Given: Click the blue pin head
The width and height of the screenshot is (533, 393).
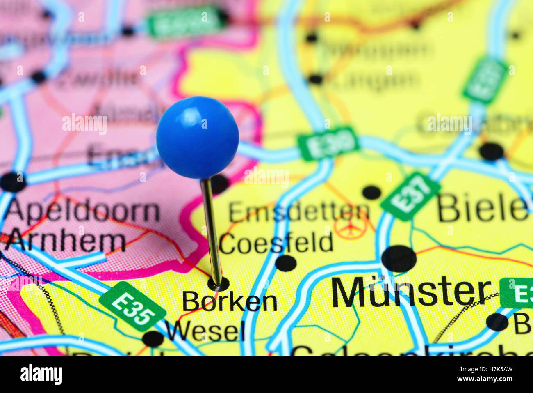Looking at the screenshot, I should [x=197, y=138].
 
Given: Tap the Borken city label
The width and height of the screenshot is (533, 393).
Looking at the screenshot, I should [x=230, y=302].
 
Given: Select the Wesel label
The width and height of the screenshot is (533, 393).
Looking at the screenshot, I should [x=205, y=331].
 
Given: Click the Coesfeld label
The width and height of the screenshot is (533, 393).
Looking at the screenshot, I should [x=276, y=243].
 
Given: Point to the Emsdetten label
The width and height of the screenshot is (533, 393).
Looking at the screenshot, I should [x=299, y=212].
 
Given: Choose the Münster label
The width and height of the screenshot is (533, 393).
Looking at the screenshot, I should [x=411, y=292].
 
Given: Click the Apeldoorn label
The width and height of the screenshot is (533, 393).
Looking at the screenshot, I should [x=82, y=211].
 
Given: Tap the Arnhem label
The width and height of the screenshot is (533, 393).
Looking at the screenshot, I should [x=66, y=241].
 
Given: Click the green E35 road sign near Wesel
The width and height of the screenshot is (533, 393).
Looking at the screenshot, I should [x=132, y=306].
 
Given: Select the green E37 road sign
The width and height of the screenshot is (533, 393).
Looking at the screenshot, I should [x=410, y=196].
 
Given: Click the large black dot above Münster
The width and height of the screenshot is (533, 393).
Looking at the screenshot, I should [x=399, y=259].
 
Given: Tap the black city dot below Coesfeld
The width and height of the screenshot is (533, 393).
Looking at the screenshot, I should [x=286, y=263].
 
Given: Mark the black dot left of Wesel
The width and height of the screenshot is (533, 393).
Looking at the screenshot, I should [x=153, y=339].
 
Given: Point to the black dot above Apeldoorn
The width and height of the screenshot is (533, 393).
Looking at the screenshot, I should [x=13, y=182].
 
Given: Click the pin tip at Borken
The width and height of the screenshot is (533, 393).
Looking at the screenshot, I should [x=218, y=283].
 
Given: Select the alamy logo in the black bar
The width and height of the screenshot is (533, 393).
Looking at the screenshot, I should [x=41, y=375].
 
